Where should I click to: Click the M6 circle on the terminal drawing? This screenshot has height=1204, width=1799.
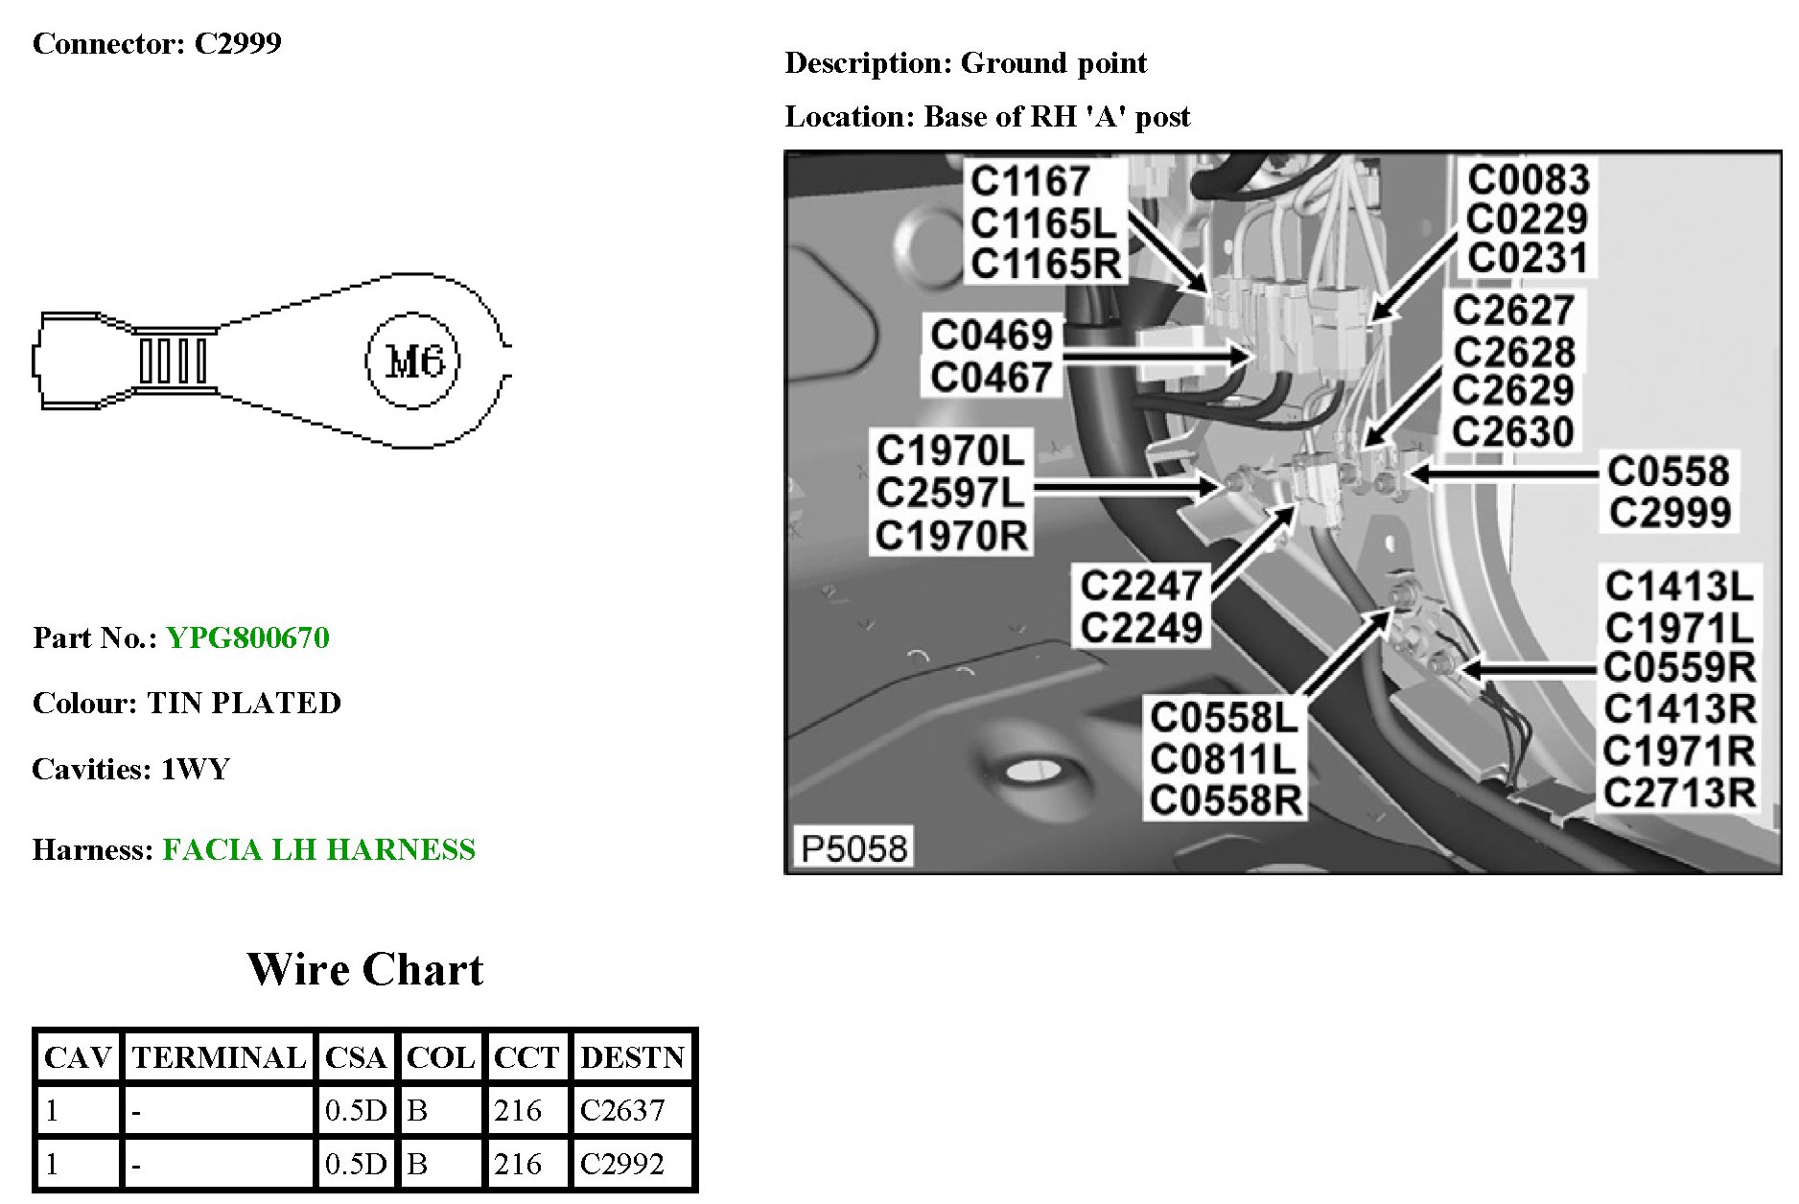pyautogui.click(x=413, y=361)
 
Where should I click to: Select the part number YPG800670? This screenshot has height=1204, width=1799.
pyautogui.click(x=247, y=638)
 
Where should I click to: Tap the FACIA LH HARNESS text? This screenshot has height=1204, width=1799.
pyautogui.click(x=318, y=850)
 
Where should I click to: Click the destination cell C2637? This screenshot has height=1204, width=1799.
pyautogui.click(x=622, y=1110)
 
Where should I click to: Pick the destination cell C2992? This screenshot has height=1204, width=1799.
pyautogui.click(x=622, y=1164)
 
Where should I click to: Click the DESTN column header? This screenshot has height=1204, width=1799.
pyautogui.click(x=632, y=1057)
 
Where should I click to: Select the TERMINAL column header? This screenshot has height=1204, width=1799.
pyautogui.click(x=219, y=1057)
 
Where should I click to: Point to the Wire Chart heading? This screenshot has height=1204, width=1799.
pyautogui.click(x=365, y=969)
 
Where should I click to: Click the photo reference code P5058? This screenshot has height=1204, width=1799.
pyautogui.click(x=853, y=848)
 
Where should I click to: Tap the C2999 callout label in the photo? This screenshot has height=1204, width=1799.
pyautogui.click(x=1670, y=513)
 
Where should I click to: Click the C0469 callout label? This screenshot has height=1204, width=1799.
pyautogui.click(x=992, y=336)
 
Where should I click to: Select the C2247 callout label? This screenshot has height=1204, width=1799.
pyautogui.click(x=1140, y=586)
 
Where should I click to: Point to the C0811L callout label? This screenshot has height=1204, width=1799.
pyautogui.click(x=1223, y=759)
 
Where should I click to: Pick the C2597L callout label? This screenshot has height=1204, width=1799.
pyautogui.click(x=950, y=493)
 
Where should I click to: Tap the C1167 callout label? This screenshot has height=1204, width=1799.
pyautogui.click(x=1030, y=181)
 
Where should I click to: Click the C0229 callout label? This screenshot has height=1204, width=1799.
pyautogui.click(x=1528, y=220)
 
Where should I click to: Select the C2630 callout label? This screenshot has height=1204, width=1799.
pyautogui.click(x=1512, y=432)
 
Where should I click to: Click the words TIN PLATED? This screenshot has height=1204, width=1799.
pyautogui.click(x=244, y=704)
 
